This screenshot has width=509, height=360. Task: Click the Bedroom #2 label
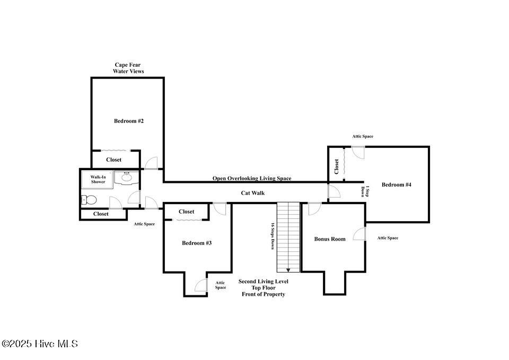[x=129, y=121]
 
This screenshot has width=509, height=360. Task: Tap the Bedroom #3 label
[x=197, y=243]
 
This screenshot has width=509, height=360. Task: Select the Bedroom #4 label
[x=397, y=185]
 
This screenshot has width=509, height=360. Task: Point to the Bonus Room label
[x=330, y=239]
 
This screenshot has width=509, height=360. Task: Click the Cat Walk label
[x=253, y=193]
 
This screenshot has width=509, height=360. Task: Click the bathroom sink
[x=126, y=177]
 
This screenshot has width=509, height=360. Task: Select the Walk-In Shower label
[x=97, y=179]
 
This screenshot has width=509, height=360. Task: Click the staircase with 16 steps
[x=288, y=236]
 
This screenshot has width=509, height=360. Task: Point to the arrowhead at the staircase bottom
[x=288, y=269]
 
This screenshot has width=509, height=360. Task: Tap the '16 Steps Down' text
[x=273, y=236]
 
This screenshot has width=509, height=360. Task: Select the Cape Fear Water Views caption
[x=128, y=68]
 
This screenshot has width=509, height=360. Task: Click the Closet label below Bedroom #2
[x=113, y=160]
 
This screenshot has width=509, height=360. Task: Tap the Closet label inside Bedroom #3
[x=186, y=212]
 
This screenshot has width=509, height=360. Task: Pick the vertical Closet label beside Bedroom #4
[x=337, y=166]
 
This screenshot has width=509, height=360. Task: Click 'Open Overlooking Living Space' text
[x=252, y=179]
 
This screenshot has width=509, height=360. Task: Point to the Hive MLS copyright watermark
[x=40, y=344]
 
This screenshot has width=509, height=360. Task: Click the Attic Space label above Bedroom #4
[x=363, y=137]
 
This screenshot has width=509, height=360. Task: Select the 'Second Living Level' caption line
[x=264, y=282]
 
